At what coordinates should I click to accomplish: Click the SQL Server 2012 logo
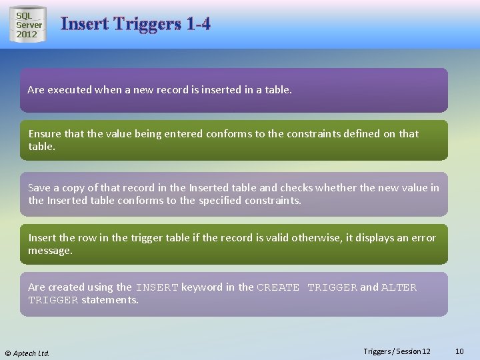point(29,25)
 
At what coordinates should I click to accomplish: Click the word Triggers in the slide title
point(147,24)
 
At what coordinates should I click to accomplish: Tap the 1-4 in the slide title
point(199,24)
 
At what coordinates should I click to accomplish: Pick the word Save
point(39,187)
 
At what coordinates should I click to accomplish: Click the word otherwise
point(312,237)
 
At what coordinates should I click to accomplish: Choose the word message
point(50,251)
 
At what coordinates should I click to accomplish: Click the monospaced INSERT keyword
point(157,287)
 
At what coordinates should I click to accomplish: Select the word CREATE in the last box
point(278,287)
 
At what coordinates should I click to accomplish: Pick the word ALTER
point(399,287)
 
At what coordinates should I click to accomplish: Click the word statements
point(110,300)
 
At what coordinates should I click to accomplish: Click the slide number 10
point(459,351)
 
